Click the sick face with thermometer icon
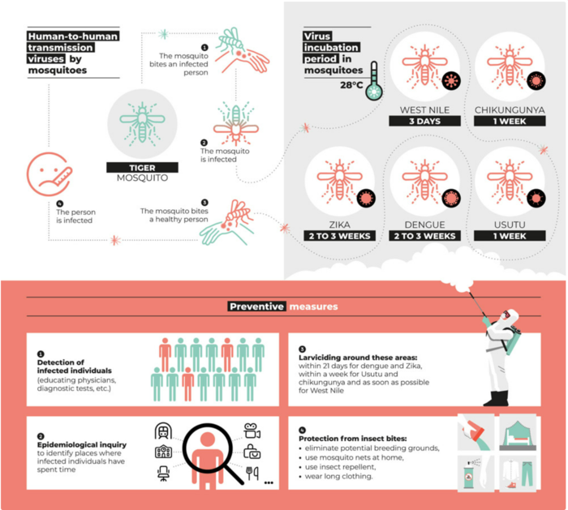click(49, 174)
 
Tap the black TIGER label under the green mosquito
click(142, 168)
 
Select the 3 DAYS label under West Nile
click(424, 121)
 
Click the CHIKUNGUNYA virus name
click(510, 110)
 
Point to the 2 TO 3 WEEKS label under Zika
click(339, 236)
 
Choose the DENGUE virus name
click(424, 225)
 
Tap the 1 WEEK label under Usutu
click(510, 236)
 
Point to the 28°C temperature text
click(351, 85)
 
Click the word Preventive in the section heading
click(256, 306)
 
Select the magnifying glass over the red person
click(213, 453)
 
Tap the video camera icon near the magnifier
click(252, 431)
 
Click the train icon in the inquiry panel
click(163, 431)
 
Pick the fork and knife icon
click(252, 473)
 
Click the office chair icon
click(163, 474)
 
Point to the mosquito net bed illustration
click(518, 432)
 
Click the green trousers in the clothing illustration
click(527, 474)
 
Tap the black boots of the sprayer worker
click(497, 399)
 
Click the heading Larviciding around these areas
click(358, 358)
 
